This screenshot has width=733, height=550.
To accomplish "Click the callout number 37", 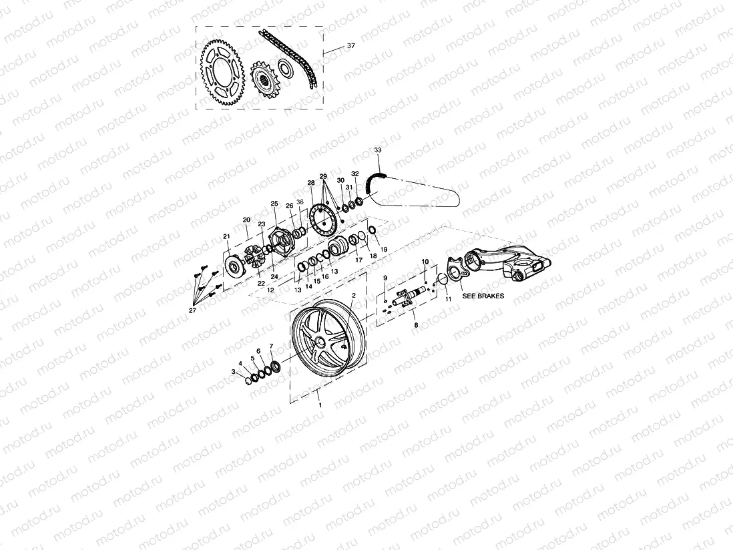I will point(350,46).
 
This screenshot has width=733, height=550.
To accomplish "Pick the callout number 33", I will point(378,151).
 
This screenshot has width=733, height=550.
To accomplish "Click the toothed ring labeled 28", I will point(323,221).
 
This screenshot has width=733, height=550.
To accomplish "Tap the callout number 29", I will point(323,177).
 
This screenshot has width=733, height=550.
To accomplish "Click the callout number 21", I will point(227,236).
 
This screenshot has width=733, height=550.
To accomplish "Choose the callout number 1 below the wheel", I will point(320,406).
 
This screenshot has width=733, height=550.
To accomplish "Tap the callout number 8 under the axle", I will point(416,324).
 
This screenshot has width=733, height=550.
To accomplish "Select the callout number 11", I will point(448,299).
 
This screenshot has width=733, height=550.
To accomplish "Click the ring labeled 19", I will point(372,231).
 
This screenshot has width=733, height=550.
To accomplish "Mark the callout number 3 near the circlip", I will point(234,372).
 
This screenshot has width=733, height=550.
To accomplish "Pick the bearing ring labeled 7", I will point(275,366).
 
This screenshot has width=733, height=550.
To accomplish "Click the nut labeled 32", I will point(359,201).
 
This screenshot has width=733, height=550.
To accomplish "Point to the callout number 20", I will point(246,220).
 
